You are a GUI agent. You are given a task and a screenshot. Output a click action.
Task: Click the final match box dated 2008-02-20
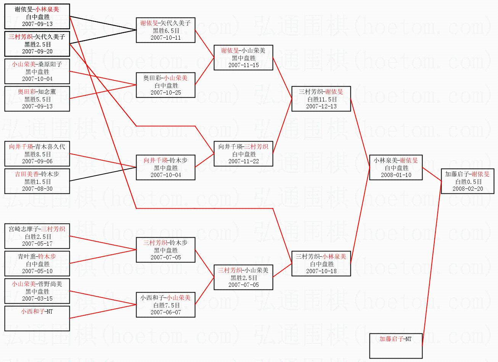tap(467, 181)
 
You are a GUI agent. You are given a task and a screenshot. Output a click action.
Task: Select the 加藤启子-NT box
tap(396, 346)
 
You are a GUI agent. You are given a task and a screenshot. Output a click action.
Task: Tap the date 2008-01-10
tap(396, 175)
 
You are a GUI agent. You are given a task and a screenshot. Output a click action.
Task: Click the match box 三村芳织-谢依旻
tap(321, 99)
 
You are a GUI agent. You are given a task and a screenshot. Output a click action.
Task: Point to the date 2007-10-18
tap(321, 271)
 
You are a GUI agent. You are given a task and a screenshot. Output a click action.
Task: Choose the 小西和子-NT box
tap(37, 318)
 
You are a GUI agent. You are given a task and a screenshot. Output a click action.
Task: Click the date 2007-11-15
tap(243, 65)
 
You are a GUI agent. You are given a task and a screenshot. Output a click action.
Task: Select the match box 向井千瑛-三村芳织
tap(243, 153)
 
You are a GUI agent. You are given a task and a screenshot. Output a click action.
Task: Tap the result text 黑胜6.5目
tap(166, 31)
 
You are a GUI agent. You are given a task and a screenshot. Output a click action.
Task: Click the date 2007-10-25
tap(166, 92)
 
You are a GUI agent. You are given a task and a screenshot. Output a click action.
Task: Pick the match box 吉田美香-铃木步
tap(37, 181)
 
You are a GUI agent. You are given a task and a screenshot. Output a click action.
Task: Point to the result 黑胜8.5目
tap(37, 154)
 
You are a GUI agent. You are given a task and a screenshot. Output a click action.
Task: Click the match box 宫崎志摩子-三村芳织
tap(37, 236)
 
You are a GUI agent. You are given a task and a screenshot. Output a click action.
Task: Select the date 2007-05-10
tap(37, 271)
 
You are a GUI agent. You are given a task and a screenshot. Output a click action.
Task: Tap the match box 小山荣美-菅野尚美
tap(37, 291)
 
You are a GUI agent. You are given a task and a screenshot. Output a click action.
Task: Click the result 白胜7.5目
tap(166, 305)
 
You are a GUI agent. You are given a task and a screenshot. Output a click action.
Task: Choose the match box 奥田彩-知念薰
tap(37, 98)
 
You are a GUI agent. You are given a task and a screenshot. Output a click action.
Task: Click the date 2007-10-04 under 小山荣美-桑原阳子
tap(37, 79)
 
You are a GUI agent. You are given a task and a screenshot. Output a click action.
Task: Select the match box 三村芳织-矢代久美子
tap(37, 44)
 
